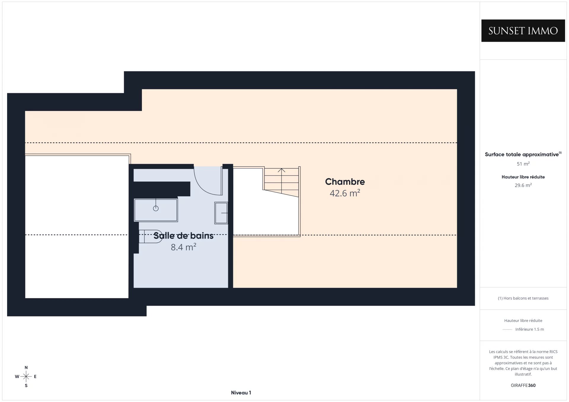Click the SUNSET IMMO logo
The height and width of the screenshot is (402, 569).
tap(523, 30)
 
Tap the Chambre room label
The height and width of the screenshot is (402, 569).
tap(345, 181)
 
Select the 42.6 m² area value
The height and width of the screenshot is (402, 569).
tap(345, 193)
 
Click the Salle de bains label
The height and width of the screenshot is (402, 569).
tap(183, 236)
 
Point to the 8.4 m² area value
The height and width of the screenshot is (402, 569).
tap(183, 247)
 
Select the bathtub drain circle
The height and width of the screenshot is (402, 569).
tap(156, 208)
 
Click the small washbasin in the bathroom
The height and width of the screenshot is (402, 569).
tap(221, 213)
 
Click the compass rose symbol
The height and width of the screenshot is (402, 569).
tap(26, 377)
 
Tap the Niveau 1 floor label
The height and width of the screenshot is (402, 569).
tap(241, 393)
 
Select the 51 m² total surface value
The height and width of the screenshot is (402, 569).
tap(523, 164)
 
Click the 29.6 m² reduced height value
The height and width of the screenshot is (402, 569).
tap(523, 185)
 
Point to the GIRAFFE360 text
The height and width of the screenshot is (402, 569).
tap(523, 385)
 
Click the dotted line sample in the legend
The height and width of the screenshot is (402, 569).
tap(507, 329)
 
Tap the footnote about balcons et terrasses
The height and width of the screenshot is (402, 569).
tap(523, 298)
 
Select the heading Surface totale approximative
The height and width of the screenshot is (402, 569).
tap(522, 154)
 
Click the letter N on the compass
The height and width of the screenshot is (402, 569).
tap(26, 368)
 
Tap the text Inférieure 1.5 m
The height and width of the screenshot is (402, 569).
tap(530, 329)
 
